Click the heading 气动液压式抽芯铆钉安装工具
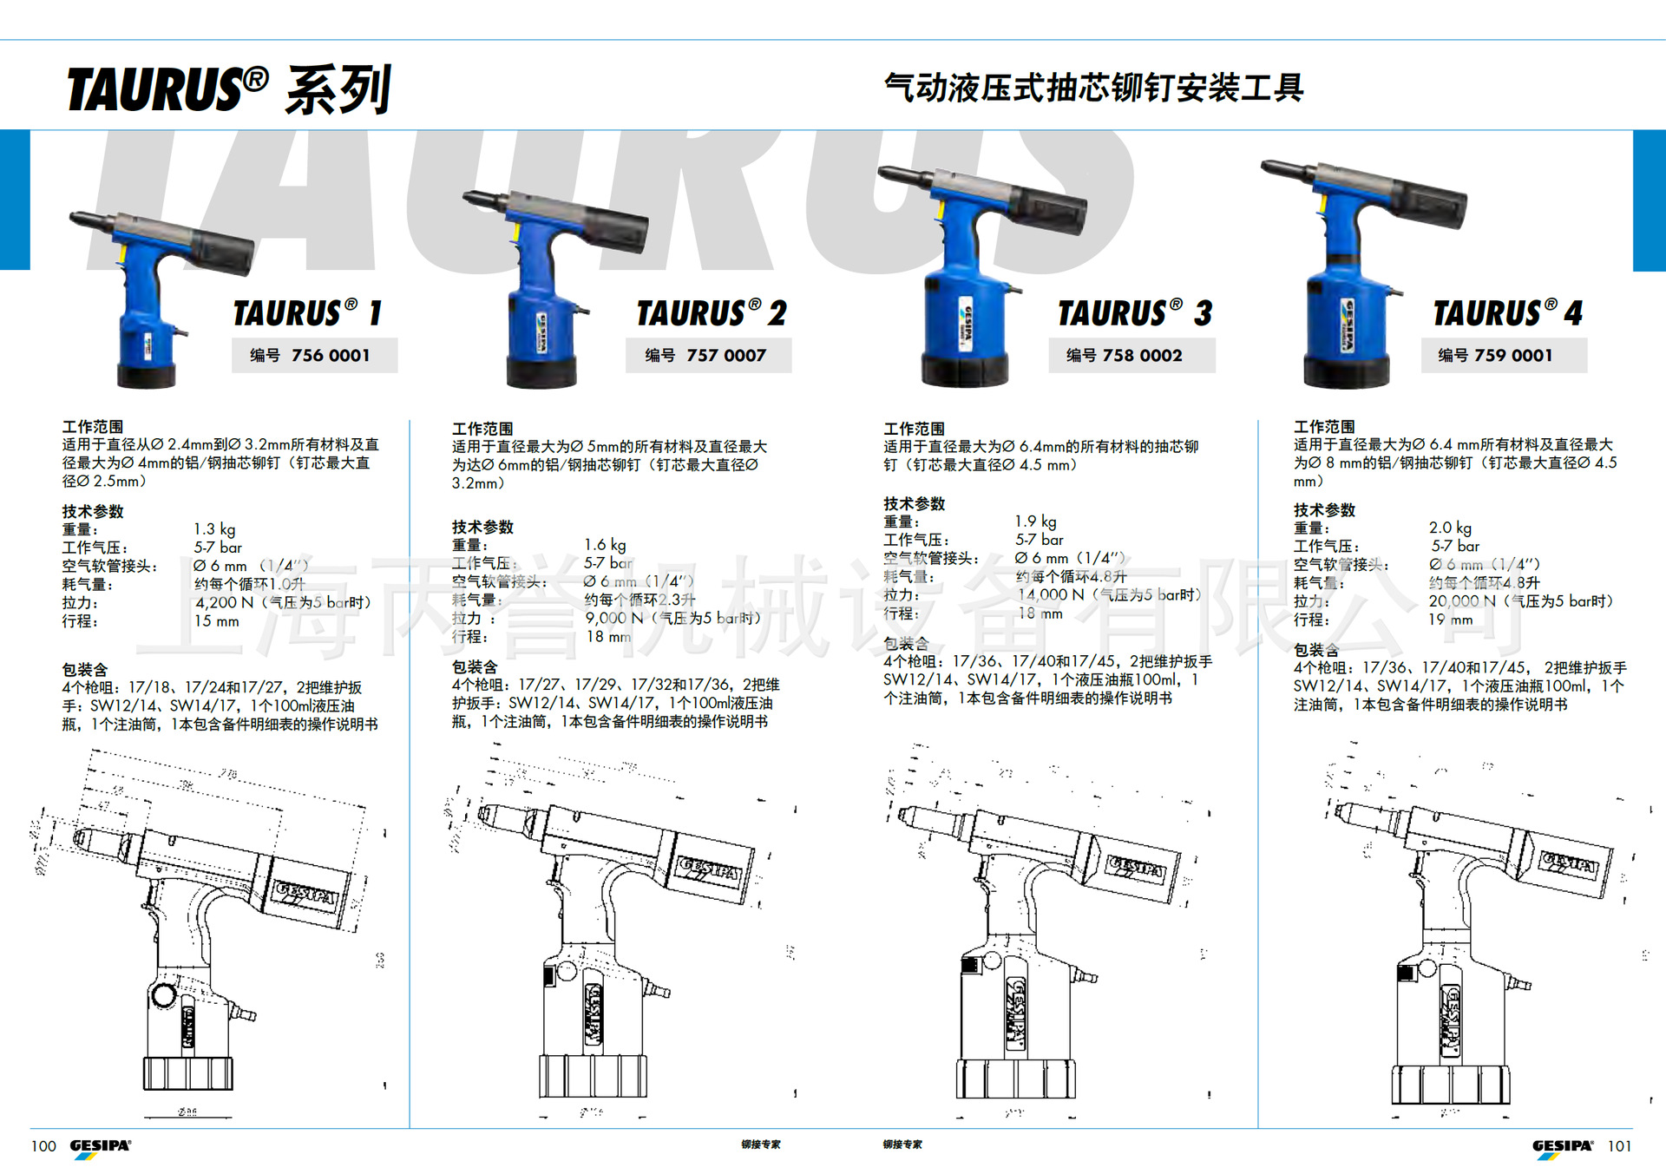tap(1093, 88)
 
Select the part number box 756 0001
tap(314, 356)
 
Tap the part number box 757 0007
tap(708, 356)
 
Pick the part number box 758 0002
tap(1131, 356)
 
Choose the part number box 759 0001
tap(1503, 356)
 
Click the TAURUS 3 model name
tap(1134, 313)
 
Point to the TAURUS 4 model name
tap(1507, 313)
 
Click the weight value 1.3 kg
tap(214, 529)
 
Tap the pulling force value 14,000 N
tap(1051, 594)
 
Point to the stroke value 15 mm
tap(216, 621)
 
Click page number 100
tap(43, 1146)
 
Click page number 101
tap(1619, 1146)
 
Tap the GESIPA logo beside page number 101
tap(1562, 1146)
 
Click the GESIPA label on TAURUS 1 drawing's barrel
tap(304, 894)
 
